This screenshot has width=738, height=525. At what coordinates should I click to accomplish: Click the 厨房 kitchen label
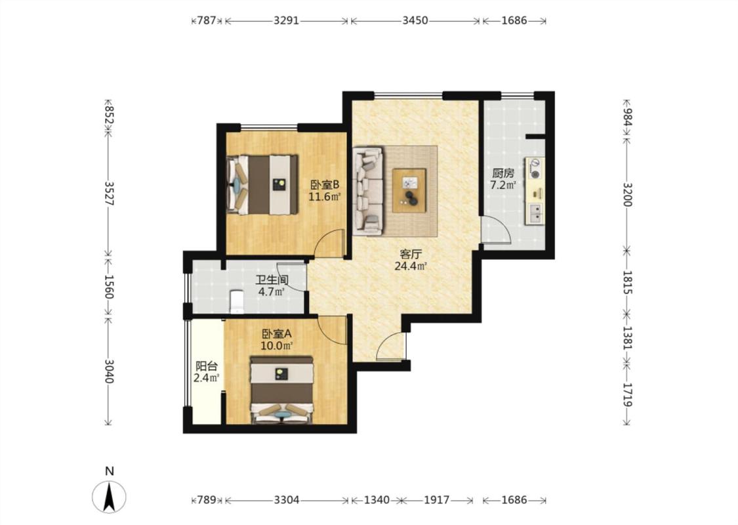pos(503,173)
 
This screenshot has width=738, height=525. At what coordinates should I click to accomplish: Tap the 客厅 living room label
pos(411,254)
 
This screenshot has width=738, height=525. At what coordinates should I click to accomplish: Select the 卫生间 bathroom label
pos(272,280)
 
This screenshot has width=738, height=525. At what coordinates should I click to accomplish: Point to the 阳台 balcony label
pos(207,366)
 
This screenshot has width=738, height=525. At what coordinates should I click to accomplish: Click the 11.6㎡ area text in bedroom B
pos(324,196)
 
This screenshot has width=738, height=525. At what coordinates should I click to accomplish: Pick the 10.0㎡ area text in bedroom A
pos(277,346)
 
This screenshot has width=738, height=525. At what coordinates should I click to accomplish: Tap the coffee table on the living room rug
pos(409,190)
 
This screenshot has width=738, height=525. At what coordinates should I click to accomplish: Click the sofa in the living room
pos(369,191)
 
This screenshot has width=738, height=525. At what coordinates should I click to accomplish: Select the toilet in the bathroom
pos(236,301)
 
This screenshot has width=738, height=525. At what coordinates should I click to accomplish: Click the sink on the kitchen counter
pos(535,213)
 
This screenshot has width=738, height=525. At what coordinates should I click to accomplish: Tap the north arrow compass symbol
pos(109,497)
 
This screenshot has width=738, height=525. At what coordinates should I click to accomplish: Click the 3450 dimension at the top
pos(415,20)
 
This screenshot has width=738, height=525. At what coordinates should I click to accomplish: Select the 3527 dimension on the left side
pos(109,194)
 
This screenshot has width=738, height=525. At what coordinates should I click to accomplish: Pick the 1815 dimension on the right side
pos(627,282)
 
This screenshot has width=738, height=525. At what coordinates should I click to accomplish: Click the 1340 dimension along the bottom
pos(377,499)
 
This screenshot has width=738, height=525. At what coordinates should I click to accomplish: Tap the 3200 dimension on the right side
pos(627,194)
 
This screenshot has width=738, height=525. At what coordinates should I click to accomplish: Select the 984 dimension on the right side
pos(627,117)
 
